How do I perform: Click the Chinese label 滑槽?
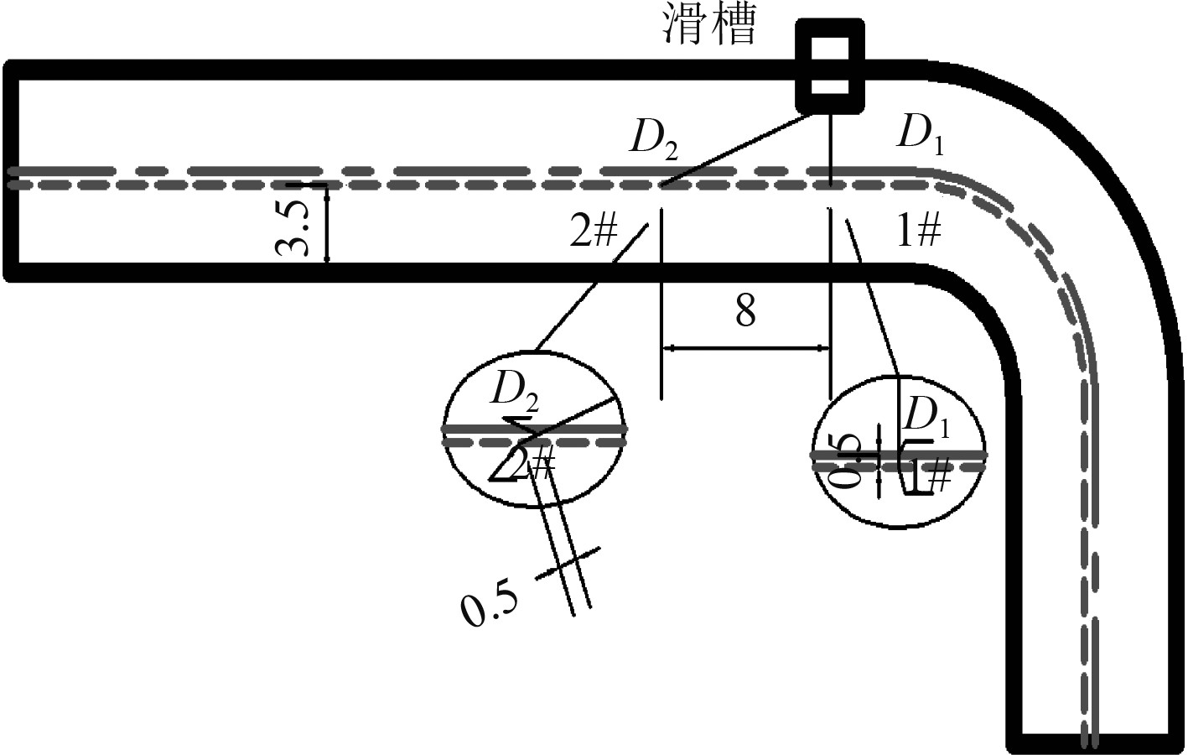(x=709, y=25)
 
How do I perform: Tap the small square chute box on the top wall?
(x=829, y=66)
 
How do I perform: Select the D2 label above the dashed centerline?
(x=654, y=139)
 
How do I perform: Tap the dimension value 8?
(x=745, y=311)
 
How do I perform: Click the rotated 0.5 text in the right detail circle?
(x=847, y=460)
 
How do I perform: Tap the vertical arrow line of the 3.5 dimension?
(x=327, y=225)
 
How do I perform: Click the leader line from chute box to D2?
(x=738, y=149)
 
